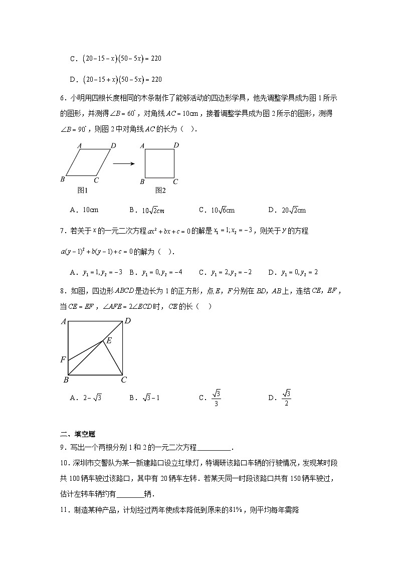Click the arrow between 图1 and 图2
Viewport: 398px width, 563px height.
pyautogui.click(x=125, y=163)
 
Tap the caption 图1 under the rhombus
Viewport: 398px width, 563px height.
pyautogui.click(x=83, y=190)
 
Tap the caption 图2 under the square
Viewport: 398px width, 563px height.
pyautogui.click(x=160, y=190)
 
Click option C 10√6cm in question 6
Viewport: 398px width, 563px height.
pyautogui.click(x=217, y=210)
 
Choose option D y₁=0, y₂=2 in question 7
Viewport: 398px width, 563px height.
pyautogui.click(x=293, y=272)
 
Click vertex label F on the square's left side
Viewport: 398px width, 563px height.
pyautogui.click(x=63, y=359)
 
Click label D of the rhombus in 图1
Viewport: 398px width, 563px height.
pyautogui.click(x=114, y=146)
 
